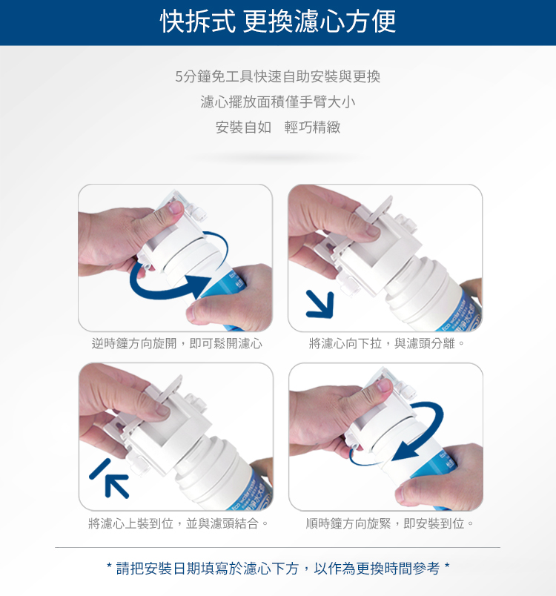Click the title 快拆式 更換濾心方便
coord(278,21)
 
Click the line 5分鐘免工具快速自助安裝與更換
coord(278,77)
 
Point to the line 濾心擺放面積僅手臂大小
coord(278,102)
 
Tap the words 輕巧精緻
coord(312,128)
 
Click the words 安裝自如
coord(244,128)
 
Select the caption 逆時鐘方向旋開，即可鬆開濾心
coord(177,344)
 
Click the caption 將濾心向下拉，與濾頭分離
coord(386,344)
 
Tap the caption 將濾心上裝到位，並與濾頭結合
coord(178,524)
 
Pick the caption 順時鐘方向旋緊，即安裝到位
coord(389,524)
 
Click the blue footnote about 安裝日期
coord(278,569)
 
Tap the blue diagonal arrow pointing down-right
coord(321,305)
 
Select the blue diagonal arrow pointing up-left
coord(109,478)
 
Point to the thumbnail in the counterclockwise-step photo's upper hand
coord(176,208)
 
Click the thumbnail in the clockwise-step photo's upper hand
coord(384,385)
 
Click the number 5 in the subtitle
coord(179,77)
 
